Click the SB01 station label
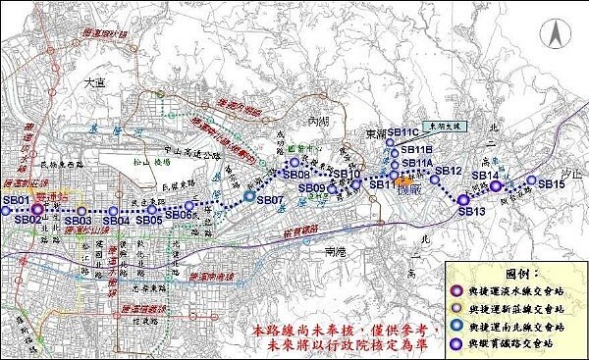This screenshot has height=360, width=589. pyautogui.click(x=15, y=199)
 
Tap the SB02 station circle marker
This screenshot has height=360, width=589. pyautogui.click(x=38, y=209)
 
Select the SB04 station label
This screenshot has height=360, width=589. pyautogui.click(x=116, y=221)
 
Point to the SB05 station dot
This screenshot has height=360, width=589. pyautogui.click(x=152, y=209)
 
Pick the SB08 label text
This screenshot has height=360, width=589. pyautogui.click(x=295, y=174)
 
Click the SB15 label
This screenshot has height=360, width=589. pyautogui.click(x=552, y=184)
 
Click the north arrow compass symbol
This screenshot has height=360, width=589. pyautogui.click(x=556, y=36)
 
